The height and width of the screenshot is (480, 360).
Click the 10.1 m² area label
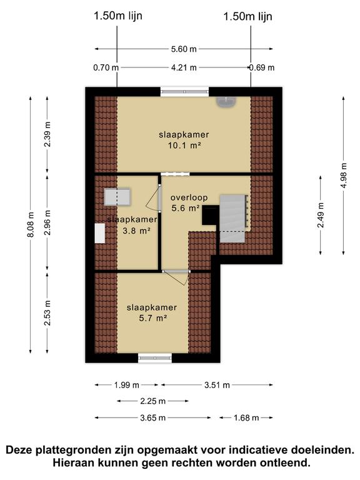coord(183,146)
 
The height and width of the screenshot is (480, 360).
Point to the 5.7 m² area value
coord(152,318)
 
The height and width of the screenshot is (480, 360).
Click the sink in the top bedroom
coord(224,102)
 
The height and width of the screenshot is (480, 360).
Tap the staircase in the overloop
coord(232,216)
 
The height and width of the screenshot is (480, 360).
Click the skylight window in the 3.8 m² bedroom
coord(117,197)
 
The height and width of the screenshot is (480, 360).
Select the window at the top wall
coord(184,91)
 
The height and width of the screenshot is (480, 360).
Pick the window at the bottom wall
coord(154,357)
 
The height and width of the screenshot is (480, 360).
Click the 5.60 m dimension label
coord(184,49)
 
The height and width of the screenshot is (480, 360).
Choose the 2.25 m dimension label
coord(152,401)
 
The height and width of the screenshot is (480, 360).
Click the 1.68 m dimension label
coord(246,417)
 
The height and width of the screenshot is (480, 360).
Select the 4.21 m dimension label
coord(183,67)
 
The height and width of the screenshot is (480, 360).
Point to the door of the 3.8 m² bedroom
coord(152,199)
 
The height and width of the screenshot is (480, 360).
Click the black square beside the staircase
coord(209,215)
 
